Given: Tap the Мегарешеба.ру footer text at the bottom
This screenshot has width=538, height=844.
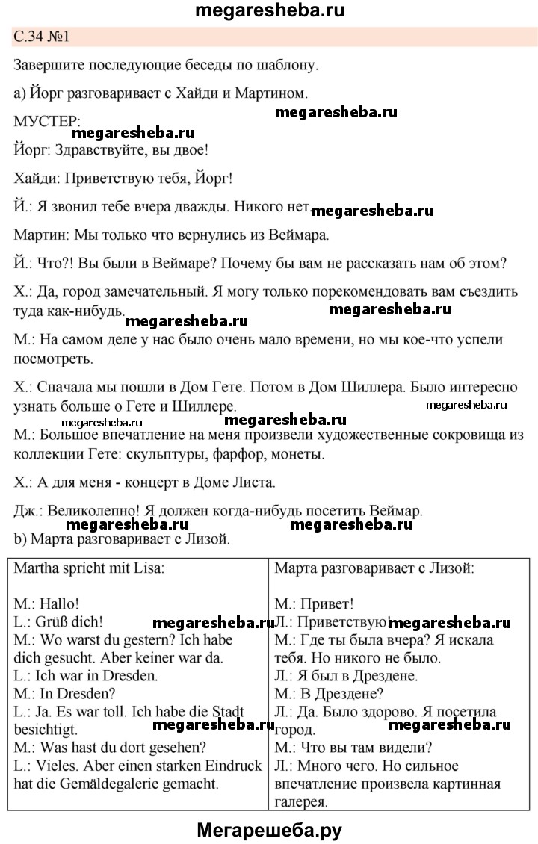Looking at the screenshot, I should coord(269,829).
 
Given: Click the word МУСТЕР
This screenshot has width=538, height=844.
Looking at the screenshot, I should coord(47,121).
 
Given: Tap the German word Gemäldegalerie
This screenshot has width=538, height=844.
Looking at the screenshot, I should coord(112,784).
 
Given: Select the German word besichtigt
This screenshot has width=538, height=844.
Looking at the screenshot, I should coord(47,730).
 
